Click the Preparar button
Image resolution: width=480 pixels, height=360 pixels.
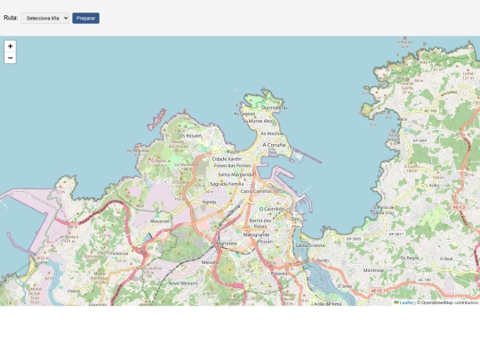[85, 18]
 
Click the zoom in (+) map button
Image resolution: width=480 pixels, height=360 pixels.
[10, 45]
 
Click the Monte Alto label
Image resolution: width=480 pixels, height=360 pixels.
[260, 121]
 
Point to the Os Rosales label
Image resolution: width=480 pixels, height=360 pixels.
[190, 135]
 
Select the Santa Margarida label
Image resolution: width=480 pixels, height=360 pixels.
[236, 174]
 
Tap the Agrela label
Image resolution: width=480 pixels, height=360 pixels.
[210, 202]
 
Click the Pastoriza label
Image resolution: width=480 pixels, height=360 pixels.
[119, 252]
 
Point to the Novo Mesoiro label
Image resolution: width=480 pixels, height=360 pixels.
[182, 283]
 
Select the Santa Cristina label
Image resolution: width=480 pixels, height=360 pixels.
[310, 244]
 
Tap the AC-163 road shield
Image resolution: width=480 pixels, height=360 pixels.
[431, 111]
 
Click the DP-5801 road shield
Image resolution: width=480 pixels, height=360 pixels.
[420, 140]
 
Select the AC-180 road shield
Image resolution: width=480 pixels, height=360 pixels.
[425, 279]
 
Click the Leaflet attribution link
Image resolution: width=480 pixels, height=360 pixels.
[405, 302]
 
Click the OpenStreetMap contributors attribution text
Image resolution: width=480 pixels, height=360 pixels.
[450, 302]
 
